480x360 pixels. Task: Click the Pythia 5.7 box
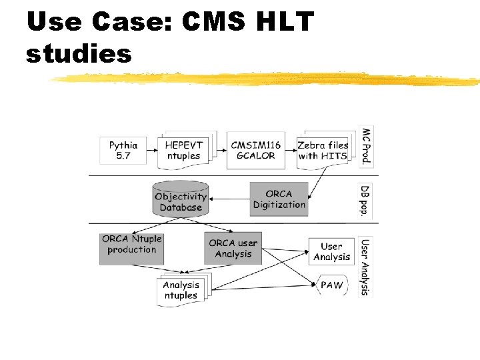pyautogui.click(x=123, y=150)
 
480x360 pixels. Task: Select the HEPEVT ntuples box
pyautogui.click(x=183, y=150)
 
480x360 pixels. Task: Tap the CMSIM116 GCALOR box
pyautogui.click(x=253, y=150)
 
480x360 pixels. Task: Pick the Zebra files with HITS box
pyautogui.click(x=323, y=150)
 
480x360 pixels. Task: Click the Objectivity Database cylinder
pyautogui.click(x=181, y=199)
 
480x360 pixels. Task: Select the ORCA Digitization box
pyautogui.click(x=279, y=199)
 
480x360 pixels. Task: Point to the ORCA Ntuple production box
pyautogui.click(x=131, y=249)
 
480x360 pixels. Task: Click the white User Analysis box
pyautogui.click(x=331, y=251)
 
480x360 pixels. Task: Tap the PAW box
pyautogui.click(x=331, y=285)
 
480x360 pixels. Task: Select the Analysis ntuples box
pyautogui.click(x=181, y=290)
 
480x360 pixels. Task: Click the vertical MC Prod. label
pyautogui.click(x=365, y=147)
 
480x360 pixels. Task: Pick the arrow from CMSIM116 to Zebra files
pyautogui.click(x=291, y=150)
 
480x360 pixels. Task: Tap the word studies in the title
pyautogui.click(x=79, y=53)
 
